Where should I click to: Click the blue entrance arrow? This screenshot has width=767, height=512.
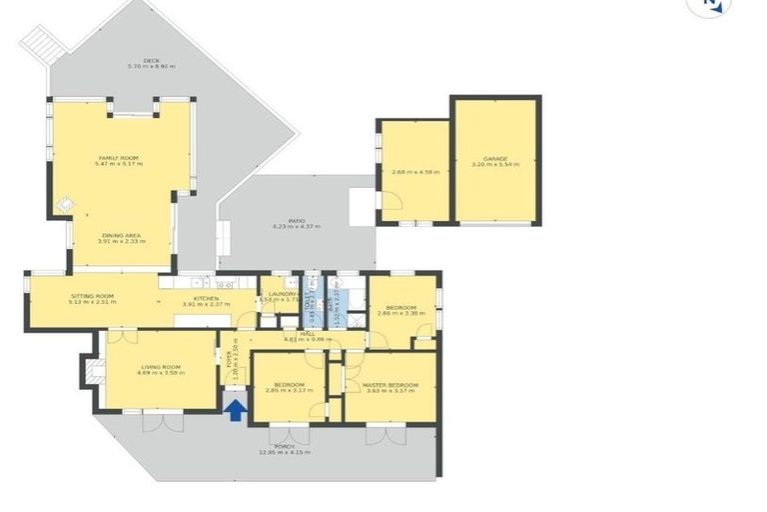coord(235,410)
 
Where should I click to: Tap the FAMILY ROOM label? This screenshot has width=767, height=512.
coord(118,158)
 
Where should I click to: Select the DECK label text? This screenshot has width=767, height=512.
coord(151,61)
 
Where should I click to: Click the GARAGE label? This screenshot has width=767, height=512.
coord(495,159)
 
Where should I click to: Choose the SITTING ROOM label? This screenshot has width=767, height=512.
coord(92,296)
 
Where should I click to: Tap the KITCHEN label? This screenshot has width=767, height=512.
coord(207,297)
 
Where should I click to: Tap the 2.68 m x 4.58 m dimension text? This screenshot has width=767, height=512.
coord(414,172)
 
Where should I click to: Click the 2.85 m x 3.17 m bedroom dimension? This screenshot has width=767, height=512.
coord(288,390)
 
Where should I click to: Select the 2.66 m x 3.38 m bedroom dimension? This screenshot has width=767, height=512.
coord(400,313)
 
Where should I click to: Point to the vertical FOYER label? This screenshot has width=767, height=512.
coord(229,361)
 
